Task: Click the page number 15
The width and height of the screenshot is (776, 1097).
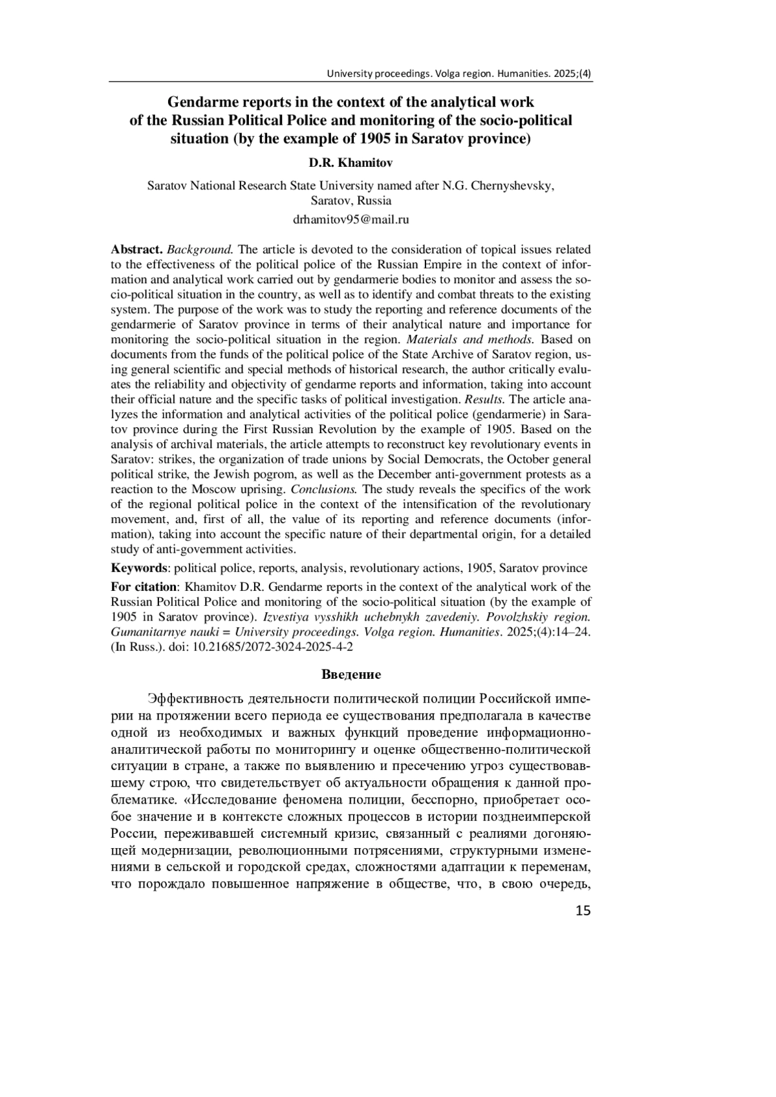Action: [582, 911]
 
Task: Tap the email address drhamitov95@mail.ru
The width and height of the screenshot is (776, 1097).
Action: [350, 219]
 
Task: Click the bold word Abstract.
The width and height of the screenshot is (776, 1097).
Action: [136, 250]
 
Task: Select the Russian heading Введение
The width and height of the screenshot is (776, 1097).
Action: [351, 674]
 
